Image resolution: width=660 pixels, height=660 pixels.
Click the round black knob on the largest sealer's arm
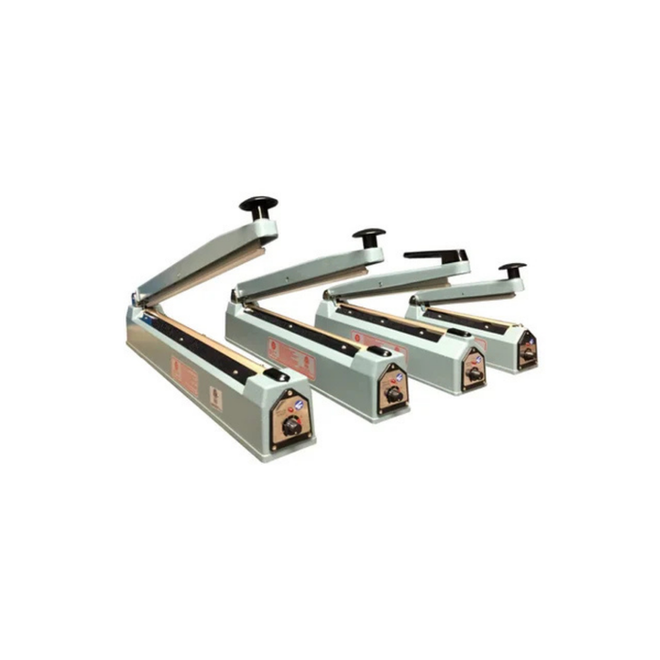(258, 205)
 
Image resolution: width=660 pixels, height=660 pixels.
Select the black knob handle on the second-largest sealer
(369, 235)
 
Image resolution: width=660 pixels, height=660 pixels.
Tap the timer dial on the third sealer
(474, 373)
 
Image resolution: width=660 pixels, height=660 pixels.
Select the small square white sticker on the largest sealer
(215, 398)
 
